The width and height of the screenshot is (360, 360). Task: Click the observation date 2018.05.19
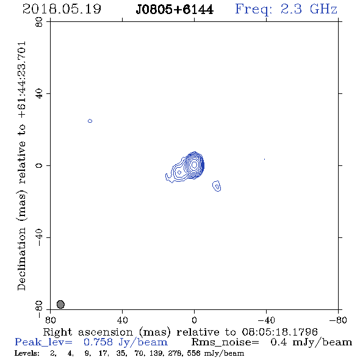62,9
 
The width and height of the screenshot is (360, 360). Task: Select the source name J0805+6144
175,10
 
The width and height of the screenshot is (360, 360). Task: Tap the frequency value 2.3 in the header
291,9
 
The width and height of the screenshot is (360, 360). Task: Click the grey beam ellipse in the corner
60,304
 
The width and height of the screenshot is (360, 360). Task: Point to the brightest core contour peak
194,165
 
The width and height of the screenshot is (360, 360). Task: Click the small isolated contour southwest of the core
217,185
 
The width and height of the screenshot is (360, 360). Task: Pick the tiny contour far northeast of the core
90,121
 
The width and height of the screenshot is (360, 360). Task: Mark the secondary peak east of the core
179,172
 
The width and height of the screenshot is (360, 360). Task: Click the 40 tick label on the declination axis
39,94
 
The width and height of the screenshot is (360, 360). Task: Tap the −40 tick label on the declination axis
39,237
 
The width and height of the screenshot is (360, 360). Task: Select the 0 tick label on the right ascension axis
194,320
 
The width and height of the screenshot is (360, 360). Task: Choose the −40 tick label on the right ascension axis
266,320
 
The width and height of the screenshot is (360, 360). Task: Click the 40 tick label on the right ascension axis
123,320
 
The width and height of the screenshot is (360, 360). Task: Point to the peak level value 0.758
98,342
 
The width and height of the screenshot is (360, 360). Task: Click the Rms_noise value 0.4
278,342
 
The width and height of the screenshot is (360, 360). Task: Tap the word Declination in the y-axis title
21,259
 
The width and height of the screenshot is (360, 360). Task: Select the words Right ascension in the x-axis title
88,332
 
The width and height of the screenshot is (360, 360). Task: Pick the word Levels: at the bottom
27,353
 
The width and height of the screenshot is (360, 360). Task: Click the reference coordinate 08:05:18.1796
279,332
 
